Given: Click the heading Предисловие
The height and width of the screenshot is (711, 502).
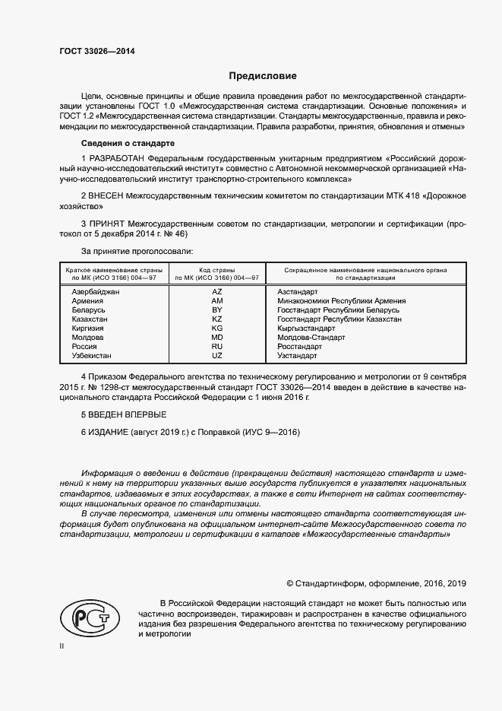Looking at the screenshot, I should coord(263,76).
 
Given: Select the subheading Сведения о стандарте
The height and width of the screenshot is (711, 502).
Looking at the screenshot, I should coord(128,143).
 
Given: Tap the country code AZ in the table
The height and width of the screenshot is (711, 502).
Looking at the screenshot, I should coord(217,291).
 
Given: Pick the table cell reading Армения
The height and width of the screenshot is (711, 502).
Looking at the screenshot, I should coord(87,300).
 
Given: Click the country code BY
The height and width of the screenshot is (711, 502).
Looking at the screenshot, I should coord(217,310).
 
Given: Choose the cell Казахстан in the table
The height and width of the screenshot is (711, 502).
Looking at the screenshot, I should coord(90,319).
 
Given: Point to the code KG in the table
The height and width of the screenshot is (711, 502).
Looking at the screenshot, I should coord(217,329).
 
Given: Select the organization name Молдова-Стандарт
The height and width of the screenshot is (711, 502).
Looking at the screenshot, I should coord(311,338).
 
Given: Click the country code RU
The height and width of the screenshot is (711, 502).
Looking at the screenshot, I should coord(217,347).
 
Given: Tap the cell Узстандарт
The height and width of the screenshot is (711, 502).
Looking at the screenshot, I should coord(298,356).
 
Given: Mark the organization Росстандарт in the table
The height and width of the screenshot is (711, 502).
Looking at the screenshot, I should coord(301,347).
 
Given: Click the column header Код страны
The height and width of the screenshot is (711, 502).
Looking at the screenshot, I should coord(217,270).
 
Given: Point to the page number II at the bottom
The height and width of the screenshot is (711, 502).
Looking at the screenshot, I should coord(63,645).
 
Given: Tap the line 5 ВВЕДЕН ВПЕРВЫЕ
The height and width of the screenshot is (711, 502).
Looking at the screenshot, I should coord(123,414).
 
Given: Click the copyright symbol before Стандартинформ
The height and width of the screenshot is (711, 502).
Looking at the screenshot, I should coord(290,584).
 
